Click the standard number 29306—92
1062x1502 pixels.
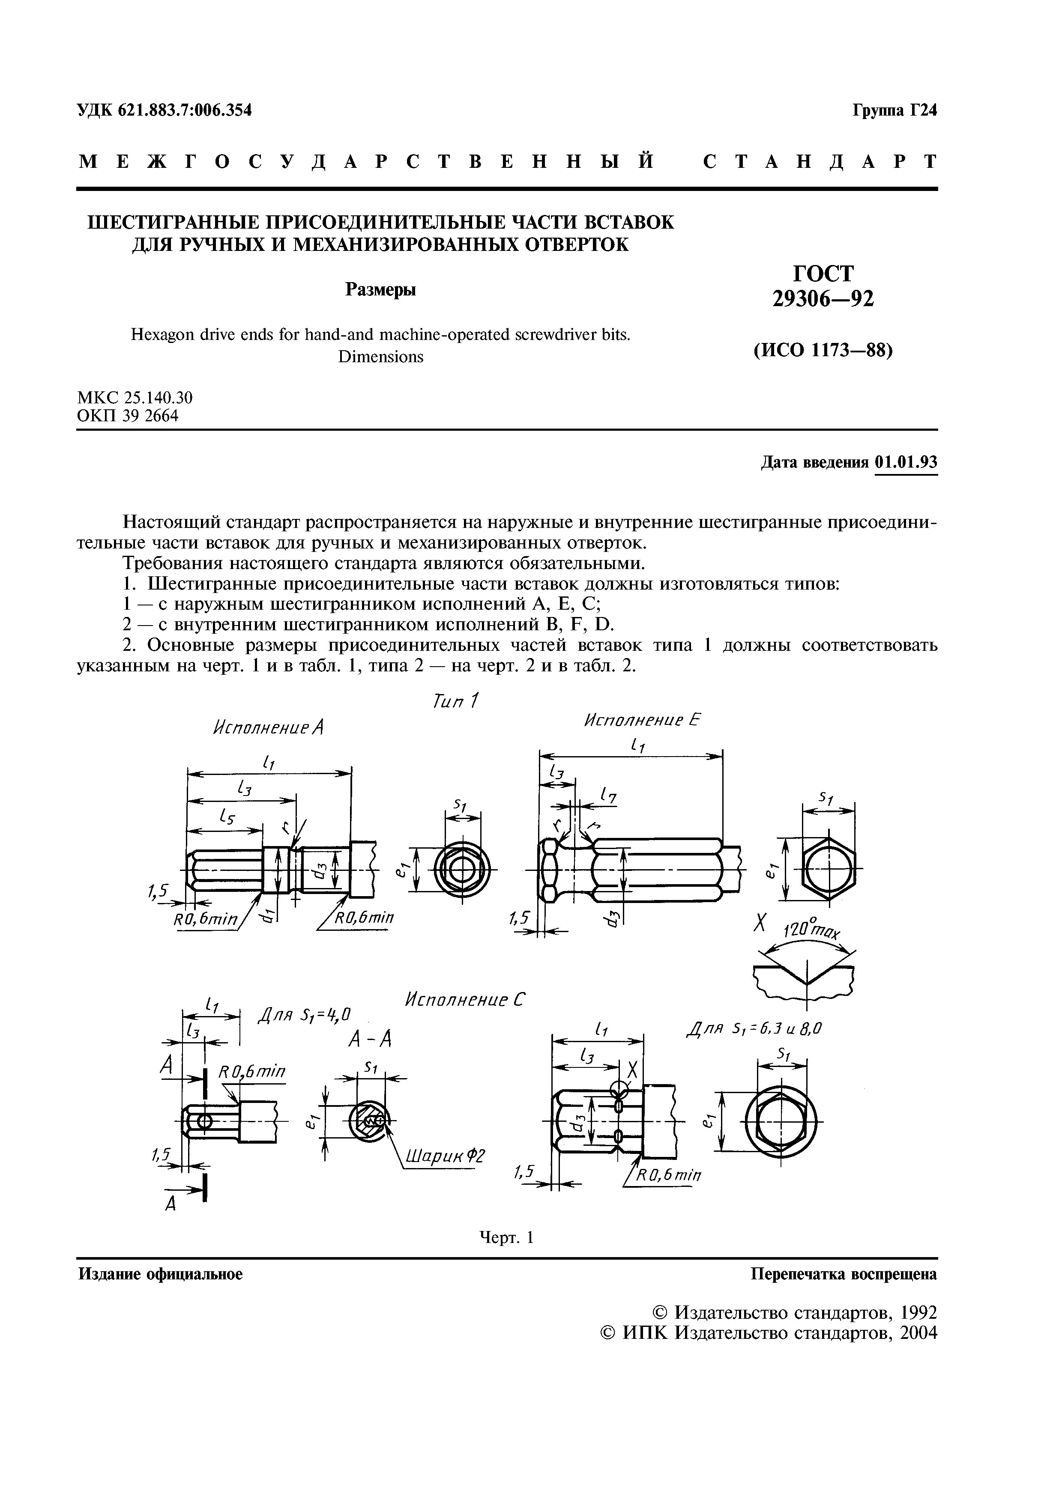click(823, 299)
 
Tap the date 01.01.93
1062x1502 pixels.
click(906, 463)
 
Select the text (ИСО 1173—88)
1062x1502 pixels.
click(823, 351)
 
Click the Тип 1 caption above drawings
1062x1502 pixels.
click(456, 701)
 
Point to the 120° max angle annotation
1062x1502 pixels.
click(809, 931)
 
